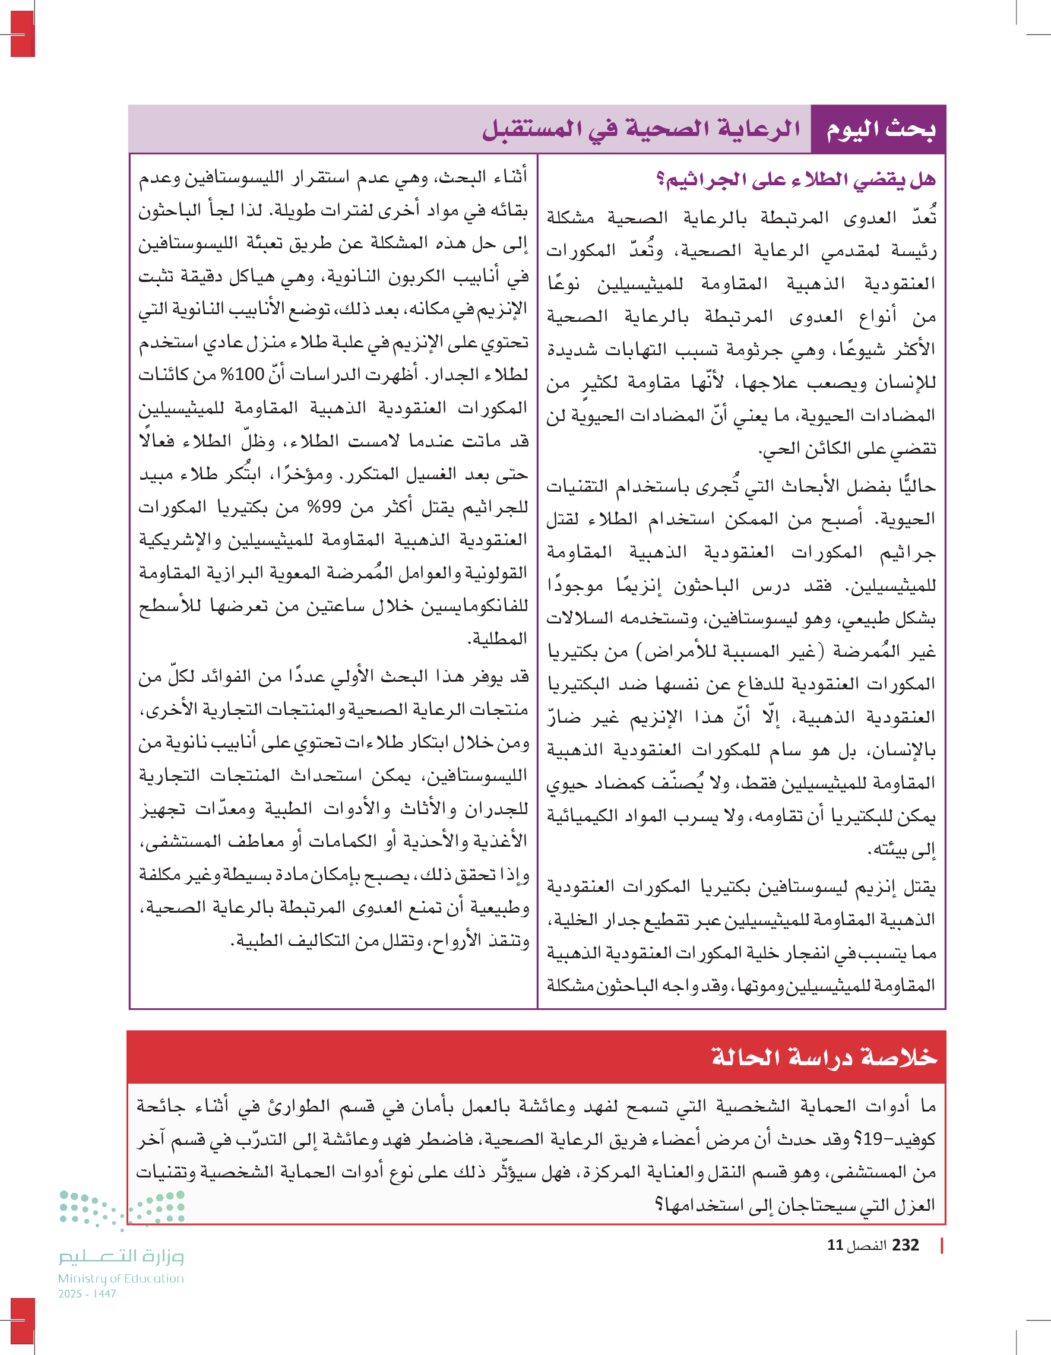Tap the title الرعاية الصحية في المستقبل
point(641,129)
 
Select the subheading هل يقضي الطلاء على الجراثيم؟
point(796,180)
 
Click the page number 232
point(905,1245)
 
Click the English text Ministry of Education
point(121,1278)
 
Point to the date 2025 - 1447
point(87,1294)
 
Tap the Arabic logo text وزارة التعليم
point(121,1256)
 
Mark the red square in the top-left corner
point(23,34)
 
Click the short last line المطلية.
point(497,638)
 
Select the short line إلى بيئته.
point(903,849)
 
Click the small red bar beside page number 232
point(942,1245)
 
